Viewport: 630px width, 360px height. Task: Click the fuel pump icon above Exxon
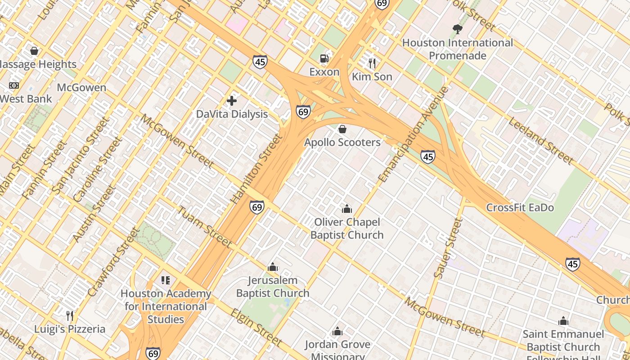(x=324, y=58)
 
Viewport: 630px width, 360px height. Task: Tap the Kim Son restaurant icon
(x=372, y=63)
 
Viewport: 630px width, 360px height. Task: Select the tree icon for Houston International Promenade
(x=457, y=29)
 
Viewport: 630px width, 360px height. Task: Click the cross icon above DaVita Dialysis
(x=232, y=101)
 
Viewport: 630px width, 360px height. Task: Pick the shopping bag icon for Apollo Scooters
(x=342, y=129)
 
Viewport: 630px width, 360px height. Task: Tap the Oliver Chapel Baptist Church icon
(x=346, y=209)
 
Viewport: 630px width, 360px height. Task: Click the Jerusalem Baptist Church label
(x=273, y=287)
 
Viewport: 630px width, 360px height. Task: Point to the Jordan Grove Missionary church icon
(x=337, y=332)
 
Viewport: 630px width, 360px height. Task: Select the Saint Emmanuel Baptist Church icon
(x=563, y=321)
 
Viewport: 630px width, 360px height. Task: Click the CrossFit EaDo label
(x=520, y=207)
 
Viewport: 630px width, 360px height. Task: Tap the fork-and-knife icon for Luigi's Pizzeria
(x=70, y=315)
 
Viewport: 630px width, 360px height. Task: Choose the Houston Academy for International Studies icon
(x=165, y=280)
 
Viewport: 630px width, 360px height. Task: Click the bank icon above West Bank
(x=14, y=85)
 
